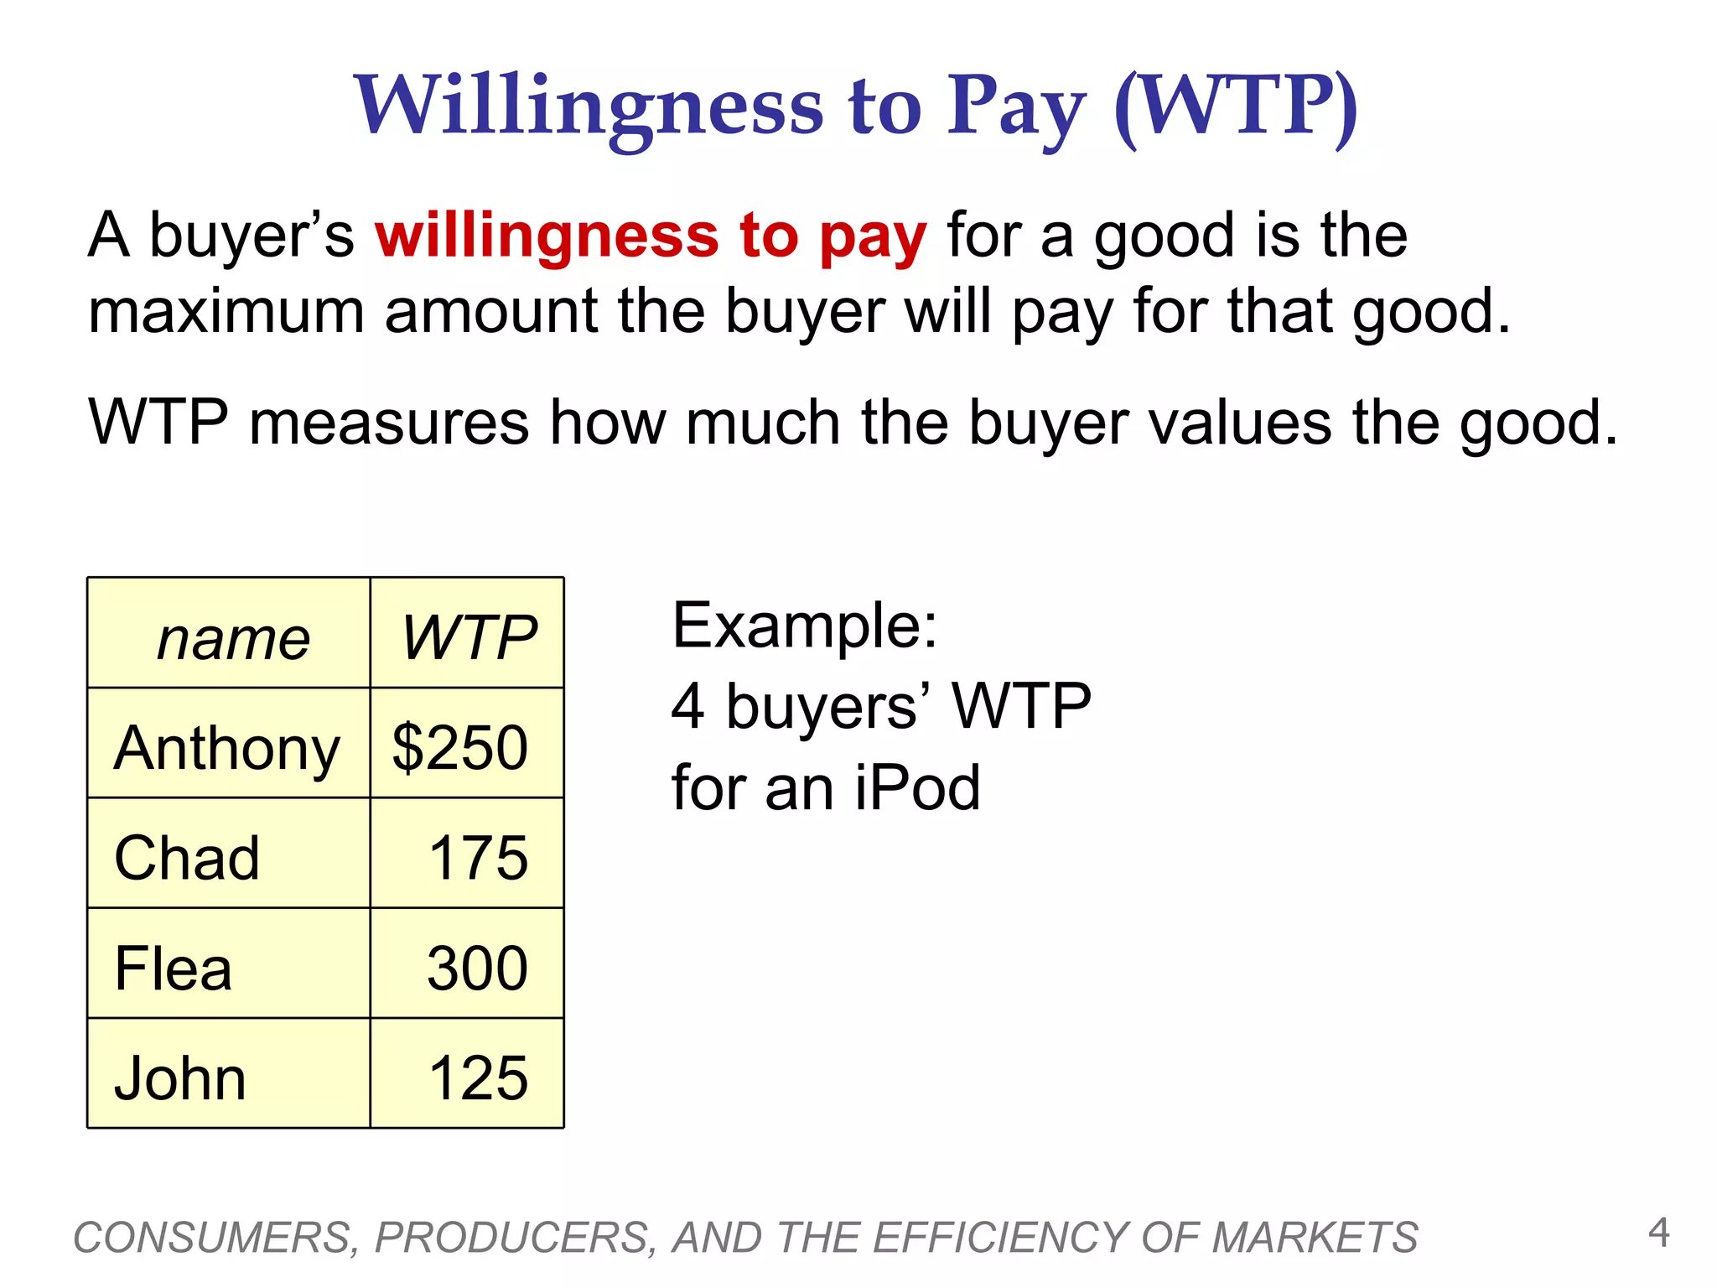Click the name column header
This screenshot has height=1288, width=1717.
pos(233,639)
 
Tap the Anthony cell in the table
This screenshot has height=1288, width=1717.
pos(227,748)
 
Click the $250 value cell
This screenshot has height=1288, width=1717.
pos(460,747)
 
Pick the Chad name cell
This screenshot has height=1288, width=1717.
pos(187,858)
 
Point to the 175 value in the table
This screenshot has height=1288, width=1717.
pos(478,858)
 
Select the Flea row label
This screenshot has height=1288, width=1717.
pos(173,969)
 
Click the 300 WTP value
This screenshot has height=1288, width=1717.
pos(477,969)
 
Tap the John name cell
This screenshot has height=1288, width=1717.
pos(180,1078)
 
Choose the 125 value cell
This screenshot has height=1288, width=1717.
pos(478,1078)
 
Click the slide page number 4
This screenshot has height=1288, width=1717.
pos(1658,1233)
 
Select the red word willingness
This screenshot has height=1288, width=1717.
pos(547,236)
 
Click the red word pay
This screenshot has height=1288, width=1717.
pos(873,238)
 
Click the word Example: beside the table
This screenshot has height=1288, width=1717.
pos(804,626)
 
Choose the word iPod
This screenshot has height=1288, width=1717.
pos(917,787)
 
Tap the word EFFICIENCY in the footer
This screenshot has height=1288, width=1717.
pos(1002,1238)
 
